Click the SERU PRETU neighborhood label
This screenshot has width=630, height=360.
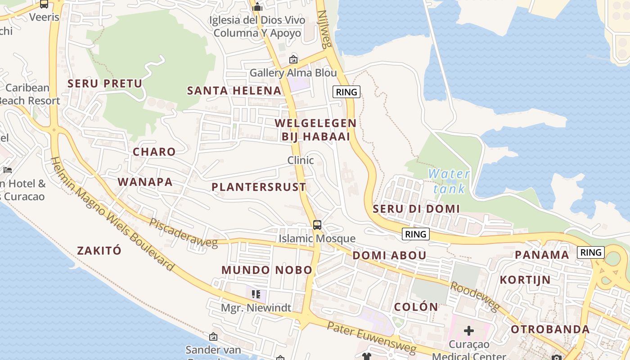(104, 83)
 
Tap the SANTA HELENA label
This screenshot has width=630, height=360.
(234, 90)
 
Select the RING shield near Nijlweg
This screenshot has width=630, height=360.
(346, 92)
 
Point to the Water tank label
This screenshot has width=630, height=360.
(449, 181)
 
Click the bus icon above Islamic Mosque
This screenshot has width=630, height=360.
(317, 225)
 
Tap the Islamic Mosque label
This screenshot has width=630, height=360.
(317, 238)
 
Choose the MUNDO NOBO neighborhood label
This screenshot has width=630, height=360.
(266, 270)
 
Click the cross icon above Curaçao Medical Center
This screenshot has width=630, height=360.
(468, 331)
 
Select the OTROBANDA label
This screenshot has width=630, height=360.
(550, 329)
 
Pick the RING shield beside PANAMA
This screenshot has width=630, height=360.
(590, 252)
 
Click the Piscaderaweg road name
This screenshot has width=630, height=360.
(183, 233)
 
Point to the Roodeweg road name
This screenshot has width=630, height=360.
(475, 297)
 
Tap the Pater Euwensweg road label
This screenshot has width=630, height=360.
(372, 337)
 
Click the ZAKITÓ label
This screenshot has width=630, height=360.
(99, 251)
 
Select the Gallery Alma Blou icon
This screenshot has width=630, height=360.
(293, 59)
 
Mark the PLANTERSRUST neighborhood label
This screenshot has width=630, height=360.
(259, 187)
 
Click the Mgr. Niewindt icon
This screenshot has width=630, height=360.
(256, 294)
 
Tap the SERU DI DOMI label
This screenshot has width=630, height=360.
(416, 209)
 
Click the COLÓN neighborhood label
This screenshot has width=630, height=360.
(416, 307)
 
